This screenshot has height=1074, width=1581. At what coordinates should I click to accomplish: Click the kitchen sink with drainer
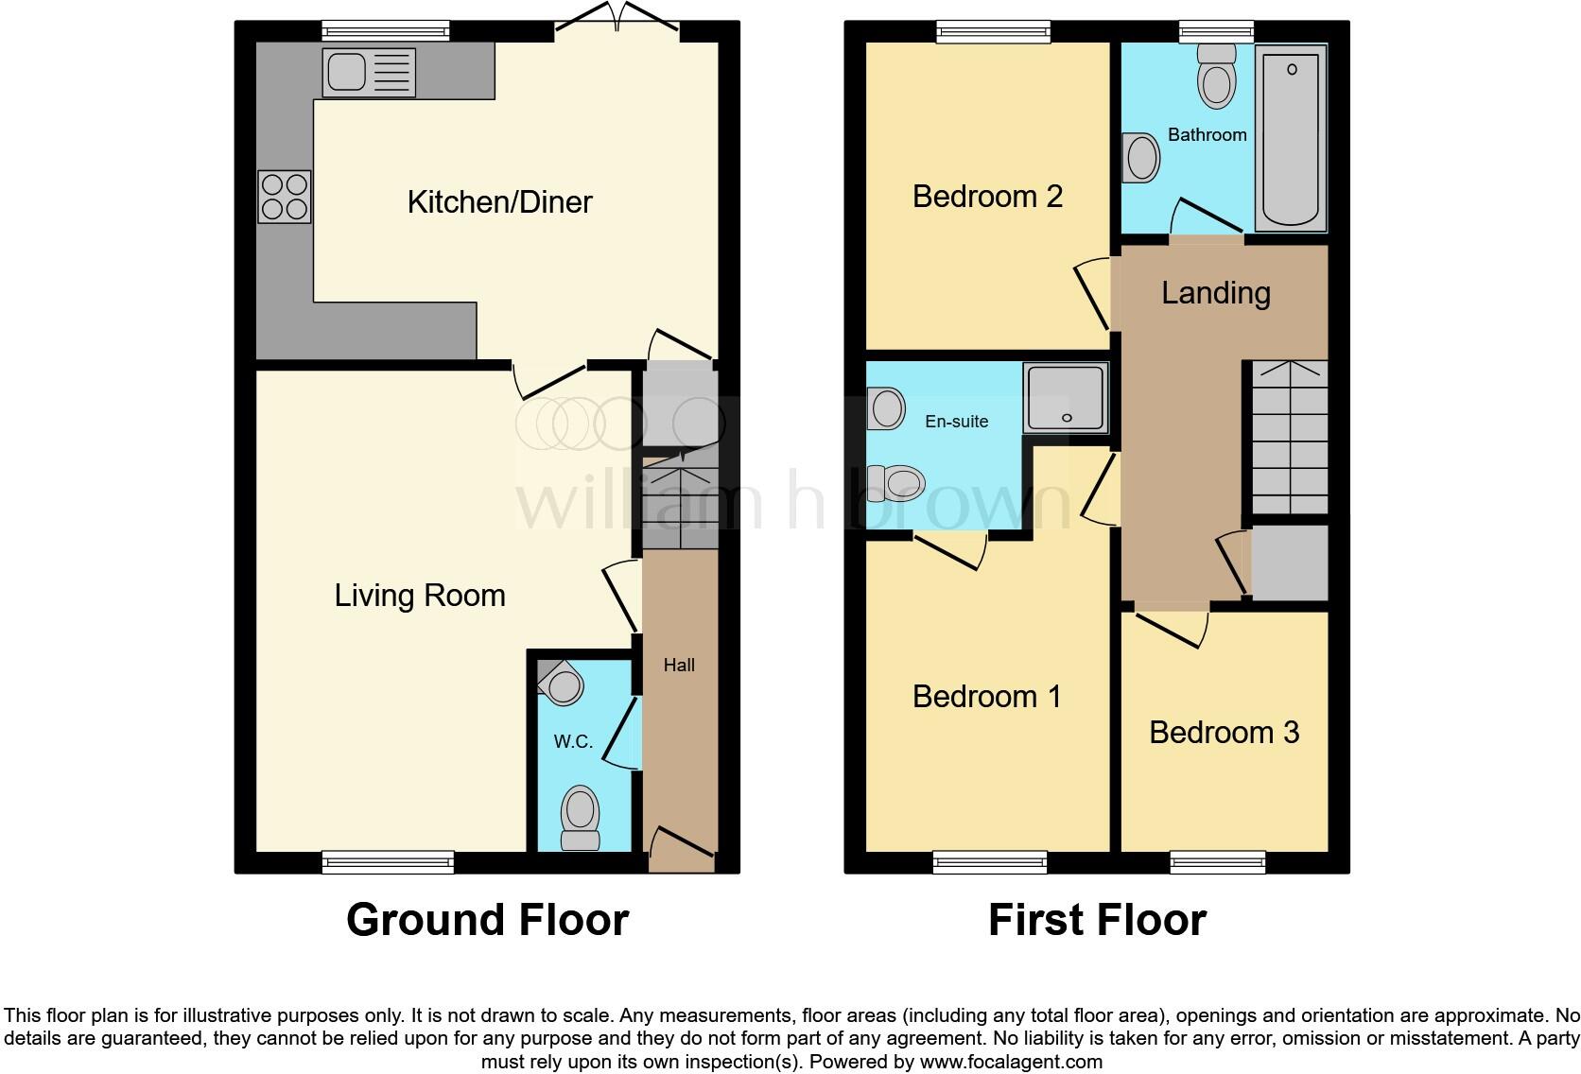(x=369, y=73)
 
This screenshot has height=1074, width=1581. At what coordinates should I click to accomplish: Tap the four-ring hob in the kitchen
(x=284, y=197)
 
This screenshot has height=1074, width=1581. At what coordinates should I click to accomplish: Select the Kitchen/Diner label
(x=499, y=201)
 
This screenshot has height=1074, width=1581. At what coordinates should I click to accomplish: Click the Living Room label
(x=420, y=596)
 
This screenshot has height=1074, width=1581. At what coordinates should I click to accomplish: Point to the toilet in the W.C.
(x=581, y=819)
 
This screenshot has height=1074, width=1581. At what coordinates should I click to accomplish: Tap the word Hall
(x=679, y=666)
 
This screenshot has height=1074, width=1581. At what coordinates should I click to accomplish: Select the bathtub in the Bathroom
(x=1290, y=140)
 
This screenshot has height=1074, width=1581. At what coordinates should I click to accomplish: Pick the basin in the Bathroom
(x=1141, y=158)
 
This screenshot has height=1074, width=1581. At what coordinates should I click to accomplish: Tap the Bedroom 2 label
(x=987, y=197)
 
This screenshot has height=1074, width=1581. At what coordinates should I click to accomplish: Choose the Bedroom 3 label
(x=1224, y=733)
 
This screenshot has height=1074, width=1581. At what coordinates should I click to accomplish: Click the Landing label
(x=1215, y=293)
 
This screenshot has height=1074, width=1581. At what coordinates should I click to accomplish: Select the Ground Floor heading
(x=487, y=920)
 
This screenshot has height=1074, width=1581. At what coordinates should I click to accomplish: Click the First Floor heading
(x=1097, y=920)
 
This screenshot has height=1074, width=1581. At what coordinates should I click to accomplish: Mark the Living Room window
(x=388, y=861)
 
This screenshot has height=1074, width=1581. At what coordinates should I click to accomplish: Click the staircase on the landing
(x=1290, y=439)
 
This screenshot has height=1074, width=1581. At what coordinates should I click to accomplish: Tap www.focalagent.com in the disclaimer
(x=1010, y=1062)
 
